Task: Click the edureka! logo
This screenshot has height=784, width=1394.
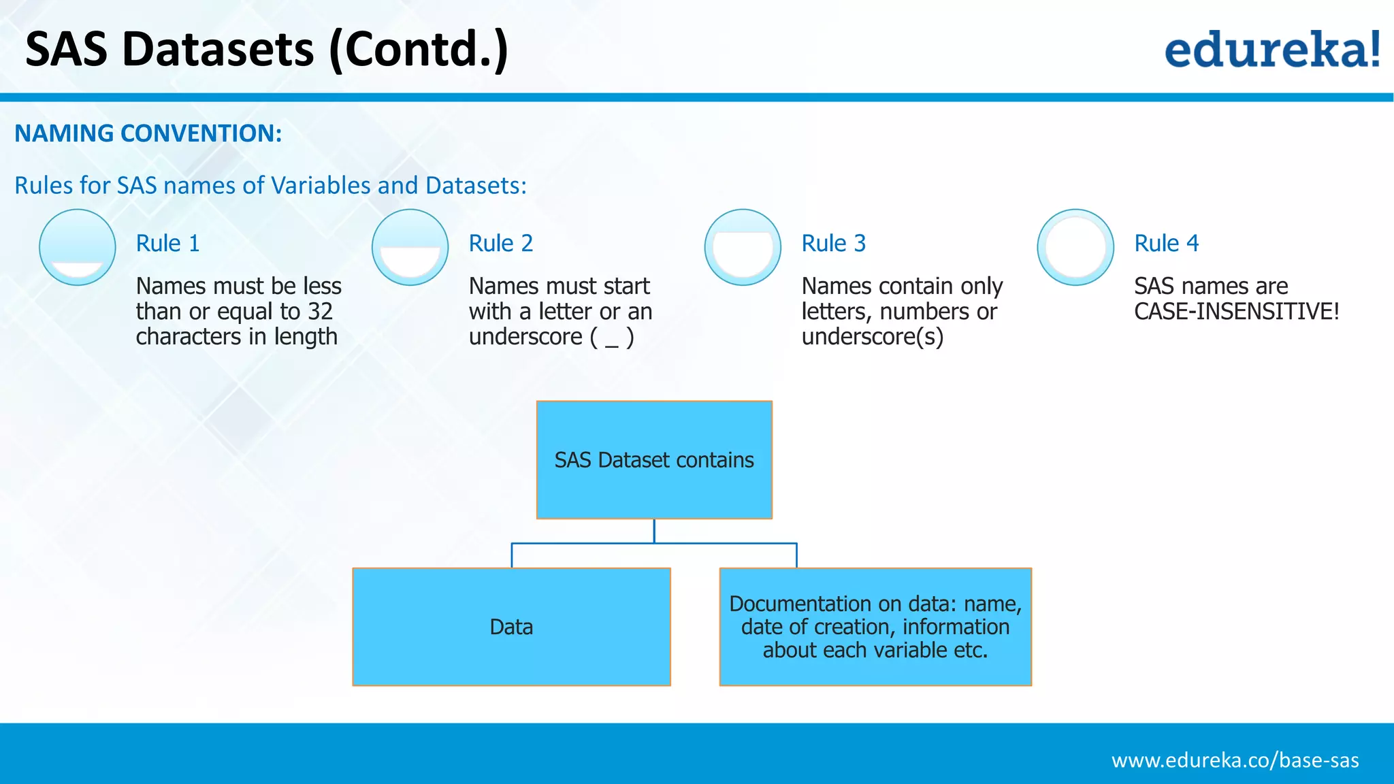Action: pos(1271,50)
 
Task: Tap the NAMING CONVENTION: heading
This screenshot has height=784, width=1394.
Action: pos(148,133)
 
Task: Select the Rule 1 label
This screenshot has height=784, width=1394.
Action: pos(167,244)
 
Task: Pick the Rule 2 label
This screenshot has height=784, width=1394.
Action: pos(500,244)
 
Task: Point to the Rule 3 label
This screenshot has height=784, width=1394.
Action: pos(833,244)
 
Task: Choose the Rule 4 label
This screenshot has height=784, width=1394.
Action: pos(1166,244)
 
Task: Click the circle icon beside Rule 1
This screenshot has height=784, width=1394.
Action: pos(78,247)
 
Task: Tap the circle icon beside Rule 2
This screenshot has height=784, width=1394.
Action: pos(410,247)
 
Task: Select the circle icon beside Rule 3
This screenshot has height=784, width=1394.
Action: pos(743,247)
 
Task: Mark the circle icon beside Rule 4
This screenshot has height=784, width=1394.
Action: pos(1075,247)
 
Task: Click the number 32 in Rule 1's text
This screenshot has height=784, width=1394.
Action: pos(320,312)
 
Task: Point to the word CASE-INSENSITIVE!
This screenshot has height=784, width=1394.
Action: pos(1236,312)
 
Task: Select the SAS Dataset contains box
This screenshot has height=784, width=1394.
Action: pos(654,460)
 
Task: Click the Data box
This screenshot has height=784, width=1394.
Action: pos(511,627)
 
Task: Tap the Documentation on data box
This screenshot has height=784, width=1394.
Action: pos(875,627)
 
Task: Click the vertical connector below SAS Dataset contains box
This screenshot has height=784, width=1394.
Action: pos(654,531)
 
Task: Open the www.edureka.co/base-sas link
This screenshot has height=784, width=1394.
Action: pos(1235,760)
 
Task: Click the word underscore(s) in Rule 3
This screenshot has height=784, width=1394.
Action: pos(872,337)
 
